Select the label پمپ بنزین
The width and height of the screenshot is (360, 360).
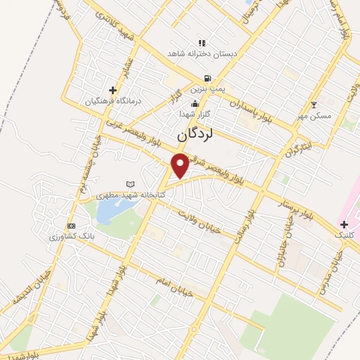[x=209, y=90]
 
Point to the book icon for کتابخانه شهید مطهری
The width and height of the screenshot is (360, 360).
[x=130, y=184]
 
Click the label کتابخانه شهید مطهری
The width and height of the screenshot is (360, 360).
[x=130, y=194]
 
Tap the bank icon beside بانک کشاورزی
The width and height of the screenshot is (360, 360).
[x=70, y=226]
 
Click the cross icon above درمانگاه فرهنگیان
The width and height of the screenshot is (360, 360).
[x=112, y=90]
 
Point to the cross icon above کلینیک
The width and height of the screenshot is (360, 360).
[x=344, y=224]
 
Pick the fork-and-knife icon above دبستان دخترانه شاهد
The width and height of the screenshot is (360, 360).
[x=202, y=43]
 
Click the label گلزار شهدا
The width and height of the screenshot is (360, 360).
[x=195, y=114]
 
